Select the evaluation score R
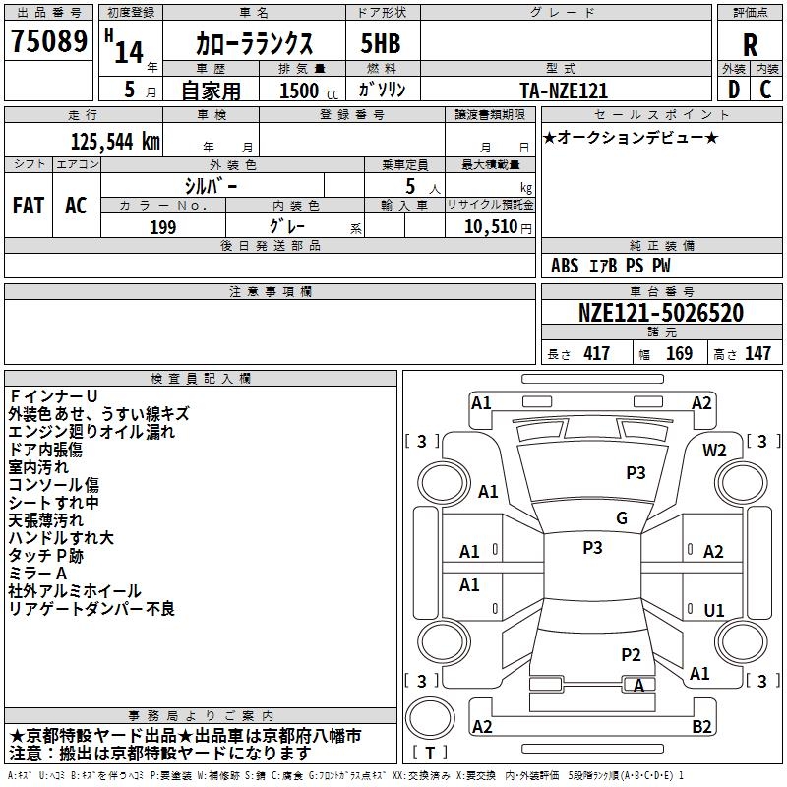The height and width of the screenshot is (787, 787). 751,45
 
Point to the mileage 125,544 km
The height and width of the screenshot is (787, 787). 115,141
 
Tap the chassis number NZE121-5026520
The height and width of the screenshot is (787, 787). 660,313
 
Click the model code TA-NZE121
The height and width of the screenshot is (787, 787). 564,91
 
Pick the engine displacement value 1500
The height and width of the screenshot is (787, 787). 299,91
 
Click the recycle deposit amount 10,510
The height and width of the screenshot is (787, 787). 487,227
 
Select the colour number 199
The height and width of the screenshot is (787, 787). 162,227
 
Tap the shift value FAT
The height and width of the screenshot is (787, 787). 28,206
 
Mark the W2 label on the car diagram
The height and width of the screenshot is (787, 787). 714,450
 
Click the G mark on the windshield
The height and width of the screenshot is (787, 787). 622,517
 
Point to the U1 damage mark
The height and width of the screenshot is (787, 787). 714,610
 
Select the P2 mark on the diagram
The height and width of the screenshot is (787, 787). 632,654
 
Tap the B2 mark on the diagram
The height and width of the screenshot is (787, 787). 701,727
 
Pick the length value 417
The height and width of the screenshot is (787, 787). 596,354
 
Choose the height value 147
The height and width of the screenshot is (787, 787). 757,354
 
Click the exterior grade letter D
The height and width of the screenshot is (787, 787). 733,90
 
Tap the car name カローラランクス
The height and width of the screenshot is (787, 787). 254,44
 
